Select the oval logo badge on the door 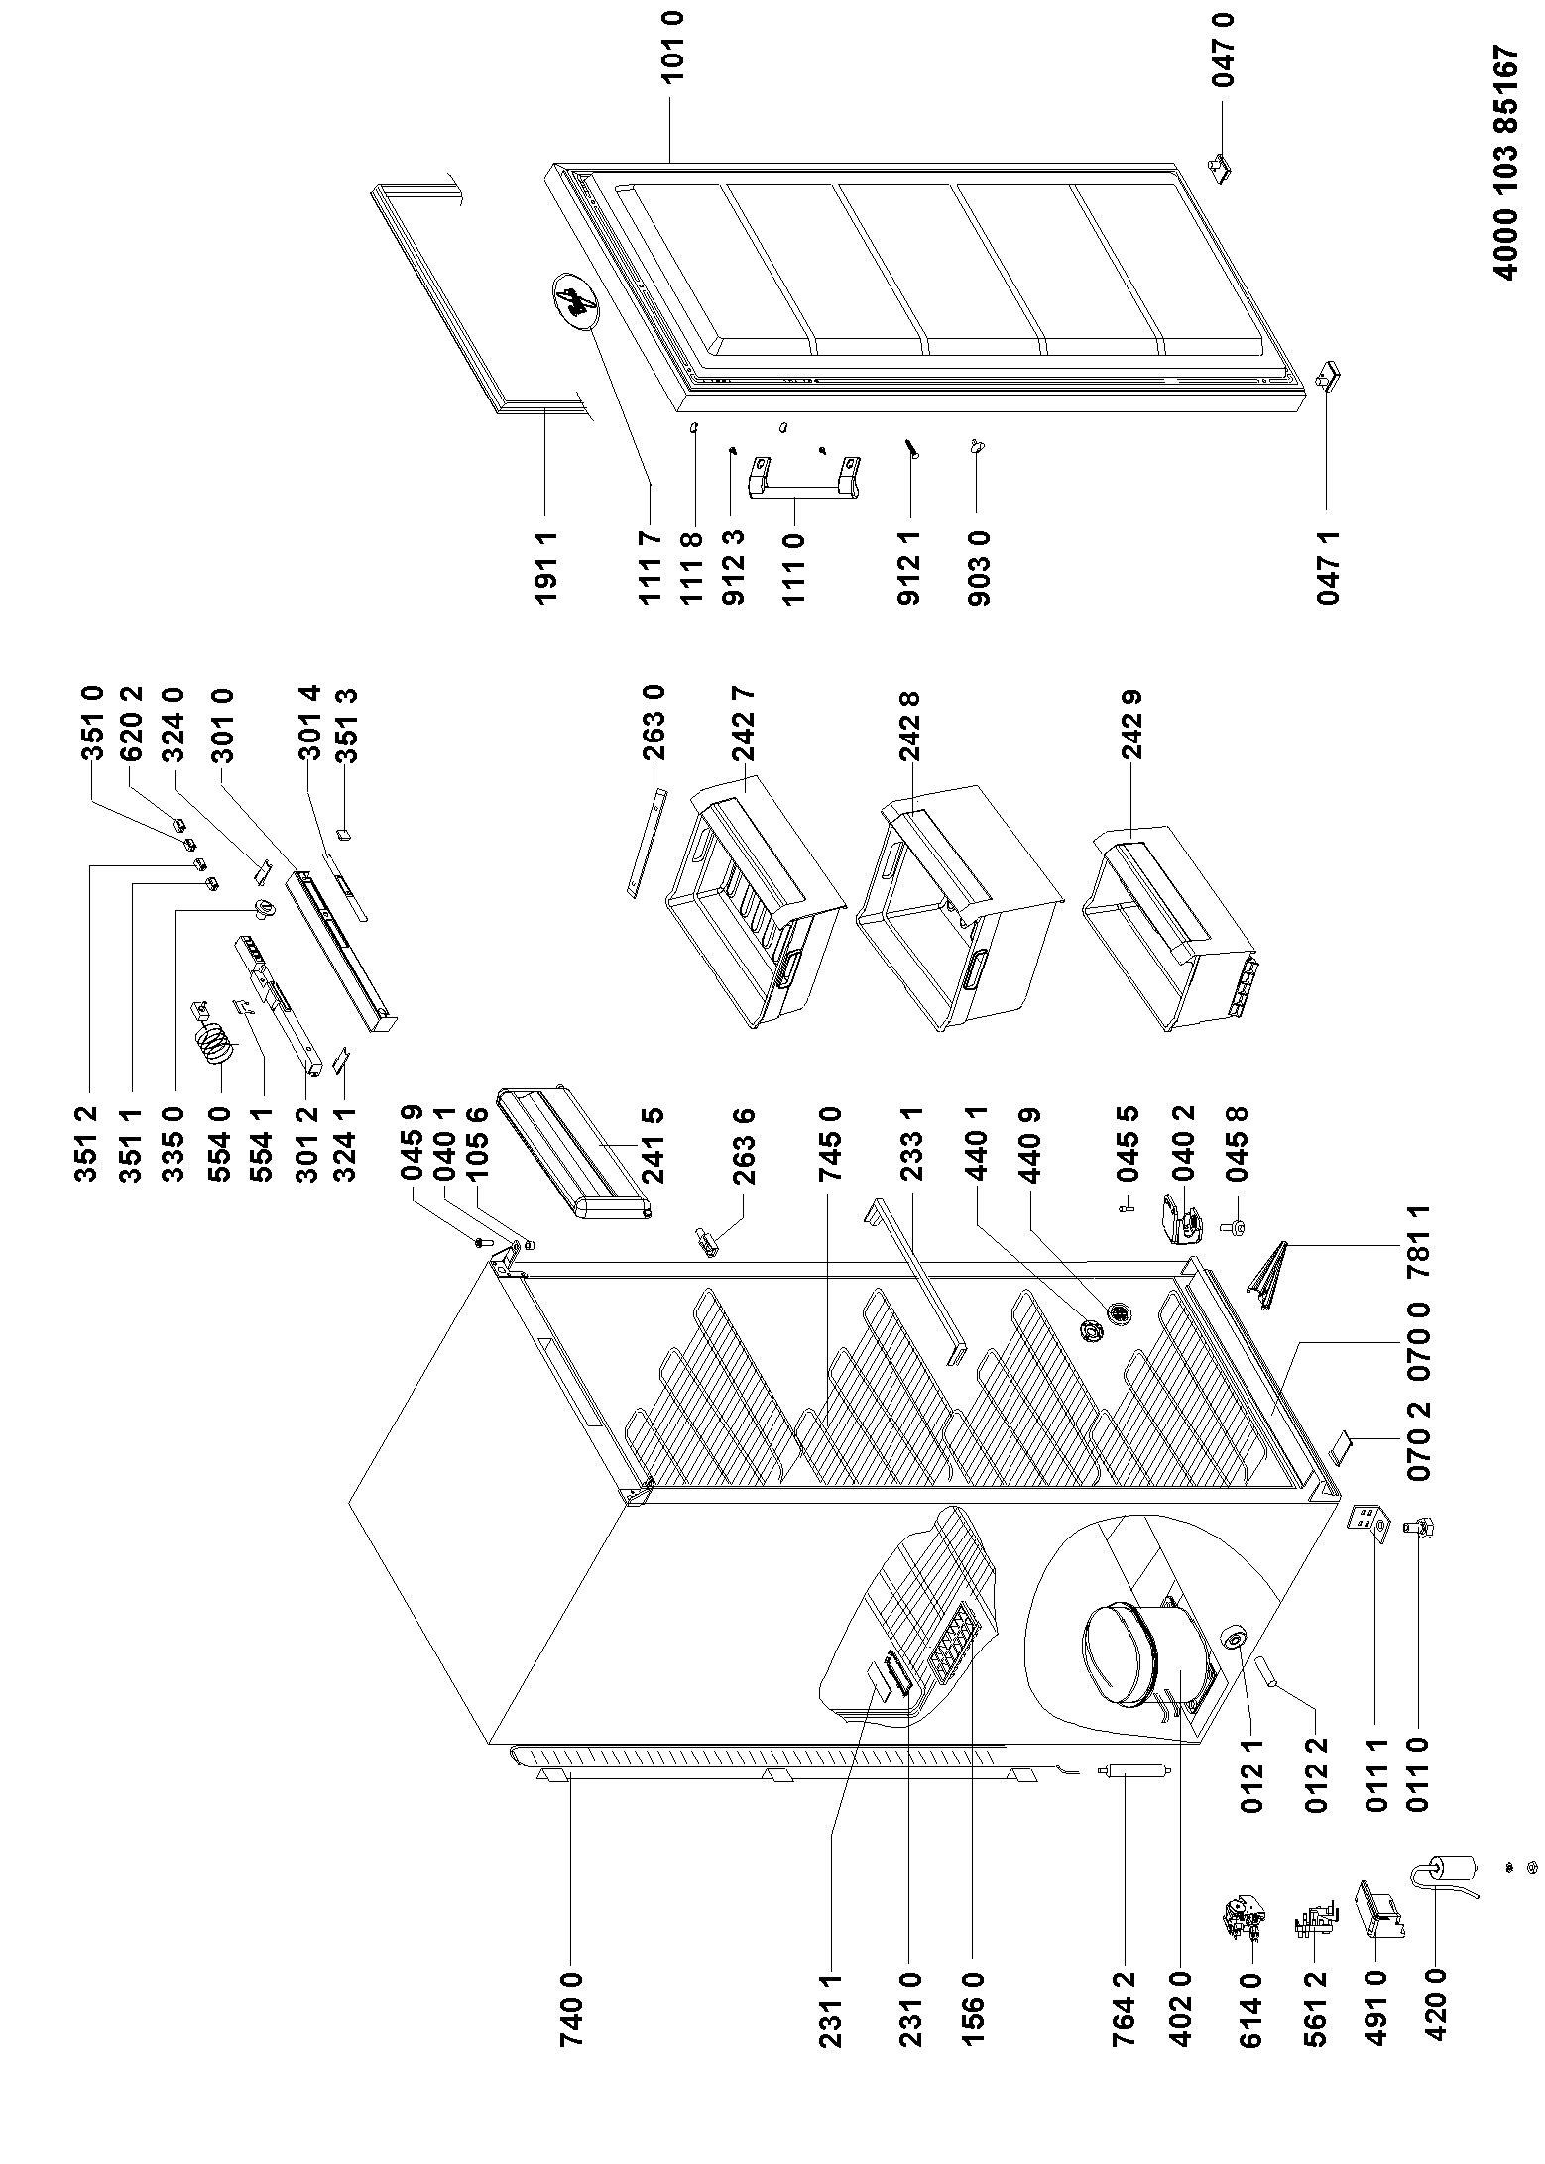click(x=572, y=300)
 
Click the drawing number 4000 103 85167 click(x=1504, y=163)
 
